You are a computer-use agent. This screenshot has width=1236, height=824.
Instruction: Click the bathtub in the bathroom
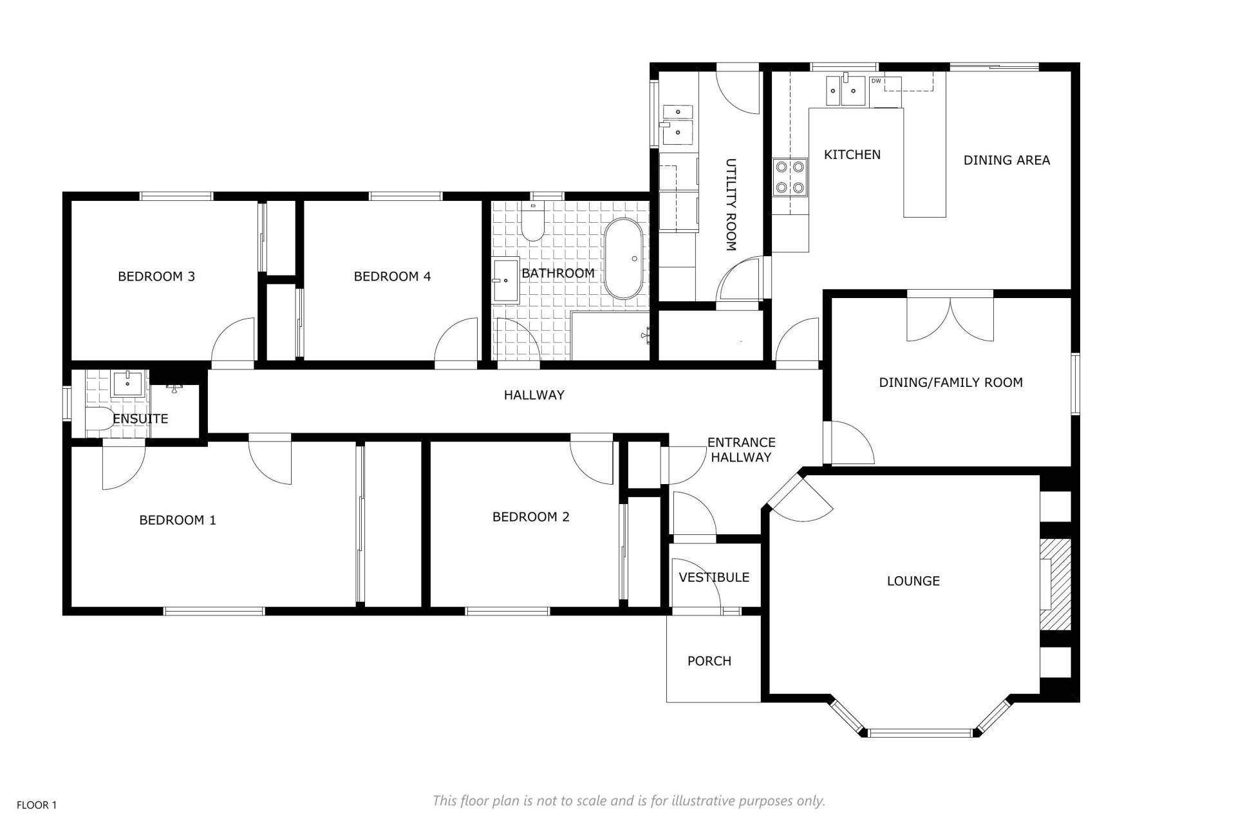click(x=623, y=259)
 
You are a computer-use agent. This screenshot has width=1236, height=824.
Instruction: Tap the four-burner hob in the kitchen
click(x=790, y=177)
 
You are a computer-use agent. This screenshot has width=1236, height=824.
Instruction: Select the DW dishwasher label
click(x=876, y=81)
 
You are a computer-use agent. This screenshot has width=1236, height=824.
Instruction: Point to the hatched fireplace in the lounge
click(x=1055, y=584)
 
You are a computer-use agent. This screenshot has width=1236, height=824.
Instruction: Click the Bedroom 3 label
click(x=156, y=277)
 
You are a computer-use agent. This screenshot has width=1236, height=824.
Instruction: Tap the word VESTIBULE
click(x=714, y=577)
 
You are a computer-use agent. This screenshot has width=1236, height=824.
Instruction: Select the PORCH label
click(x=709, y=661)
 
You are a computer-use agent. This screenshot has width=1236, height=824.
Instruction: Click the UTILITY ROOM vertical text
click(x=731, y=205)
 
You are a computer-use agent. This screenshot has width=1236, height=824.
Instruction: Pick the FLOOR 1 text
click(x=37, y=805)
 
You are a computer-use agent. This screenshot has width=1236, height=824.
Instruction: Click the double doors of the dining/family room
click(x=950, y=317)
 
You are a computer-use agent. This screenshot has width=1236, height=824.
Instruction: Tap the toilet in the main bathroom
click(x=533, y=221)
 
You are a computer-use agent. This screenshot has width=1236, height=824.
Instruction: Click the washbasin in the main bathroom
click(x=506, y=281)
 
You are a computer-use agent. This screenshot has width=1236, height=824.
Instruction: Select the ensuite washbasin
click(x=129, y=383)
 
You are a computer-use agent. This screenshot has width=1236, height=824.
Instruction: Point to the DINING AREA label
click(x=1007, y=160)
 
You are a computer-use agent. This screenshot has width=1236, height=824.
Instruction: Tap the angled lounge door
click(x=799, y=496)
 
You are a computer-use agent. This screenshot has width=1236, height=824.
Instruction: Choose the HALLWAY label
click(x=534, y=395)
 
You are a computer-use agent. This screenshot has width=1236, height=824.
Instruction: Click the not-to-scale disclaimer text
click(x=629, y=801)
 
